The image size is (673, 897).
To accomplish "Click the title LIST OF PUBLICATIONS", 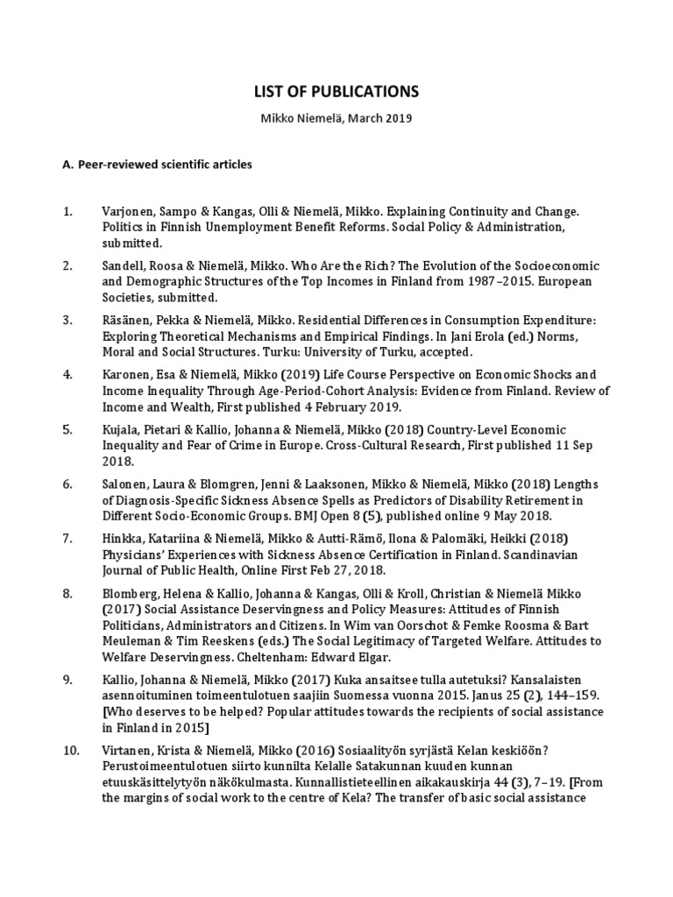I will (x=336, y=91).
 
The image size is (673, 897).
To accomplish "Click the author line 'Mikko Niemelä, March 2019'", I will (x=336, y=117).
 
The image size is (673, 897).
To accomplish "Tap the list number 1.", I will (x=67, y=212).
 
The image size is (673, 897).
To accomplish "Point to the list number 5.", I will (x=67, y=429).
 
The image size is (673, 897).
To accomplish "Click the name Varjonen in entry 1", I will (x=129, y=212).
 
